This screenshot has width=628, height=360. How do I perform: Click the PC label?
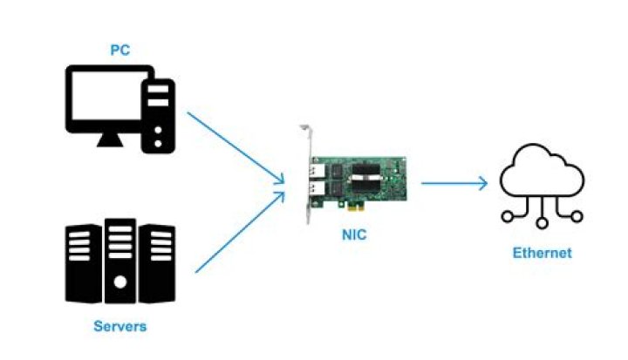tap(119, 51)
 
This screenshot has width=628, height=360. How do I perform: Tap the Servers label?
tap(119, 327)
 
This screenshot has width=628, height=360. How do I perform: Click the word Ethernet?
tap(542, 253)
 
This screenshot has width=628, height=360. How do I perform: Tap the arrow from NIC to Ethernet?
tap(454, 183)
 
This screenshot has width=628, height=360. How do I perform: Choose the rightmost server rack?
tap(157, 261)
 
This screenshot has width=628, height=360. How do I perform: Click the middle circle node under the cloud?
tap(542, 222)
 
